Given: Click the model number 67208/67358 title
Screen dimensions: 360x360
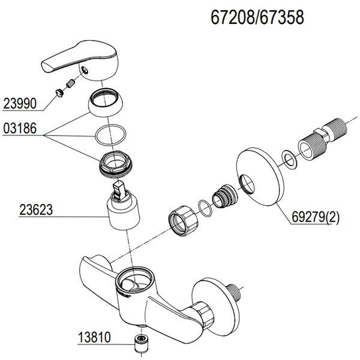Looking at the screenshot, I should click(x=257, y=18).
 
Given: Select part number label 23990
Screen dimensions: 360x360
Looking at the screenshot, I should click(x=19, y=104).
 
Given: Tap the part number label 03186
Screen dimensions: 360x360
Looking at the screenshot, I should click(x=19, y=128).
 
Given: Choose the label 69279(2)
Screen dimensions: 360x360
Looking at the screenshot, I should click(x=316, y=218).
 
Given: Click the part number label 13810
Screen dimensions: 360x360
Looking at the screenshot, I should click(x=94, y=337).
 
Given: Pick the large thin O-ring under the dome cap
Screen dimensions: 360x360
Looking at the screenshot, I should click(x=109, y=135).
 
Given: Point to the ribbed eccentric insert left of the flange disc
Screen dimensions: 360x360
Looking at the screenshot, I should click(x=225, y=196).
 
